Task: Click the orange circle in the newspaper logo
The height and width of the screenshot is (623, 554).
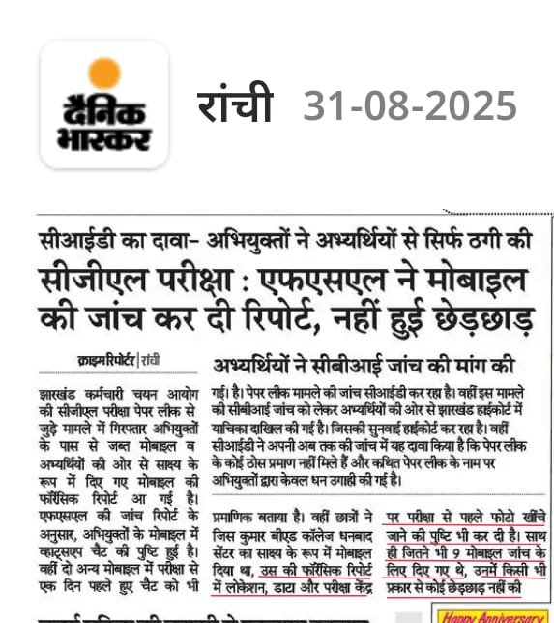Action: click(103, 74)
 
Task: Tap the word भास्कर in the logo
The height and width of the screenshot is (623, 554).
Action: click(103, 136)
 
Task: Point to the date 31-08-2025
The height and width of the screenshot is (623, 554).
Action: click(410, 105)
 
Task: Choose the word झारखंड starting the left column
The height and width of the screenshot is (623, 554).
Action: click(61, 396)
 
